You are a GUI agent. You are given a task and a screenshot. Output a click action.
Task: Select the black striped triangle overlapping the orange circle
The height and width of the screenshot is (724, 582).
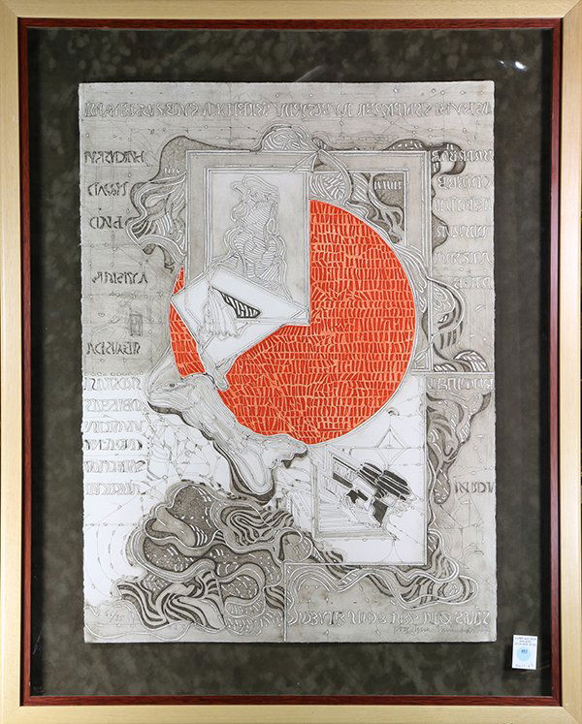pos(236,305)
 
